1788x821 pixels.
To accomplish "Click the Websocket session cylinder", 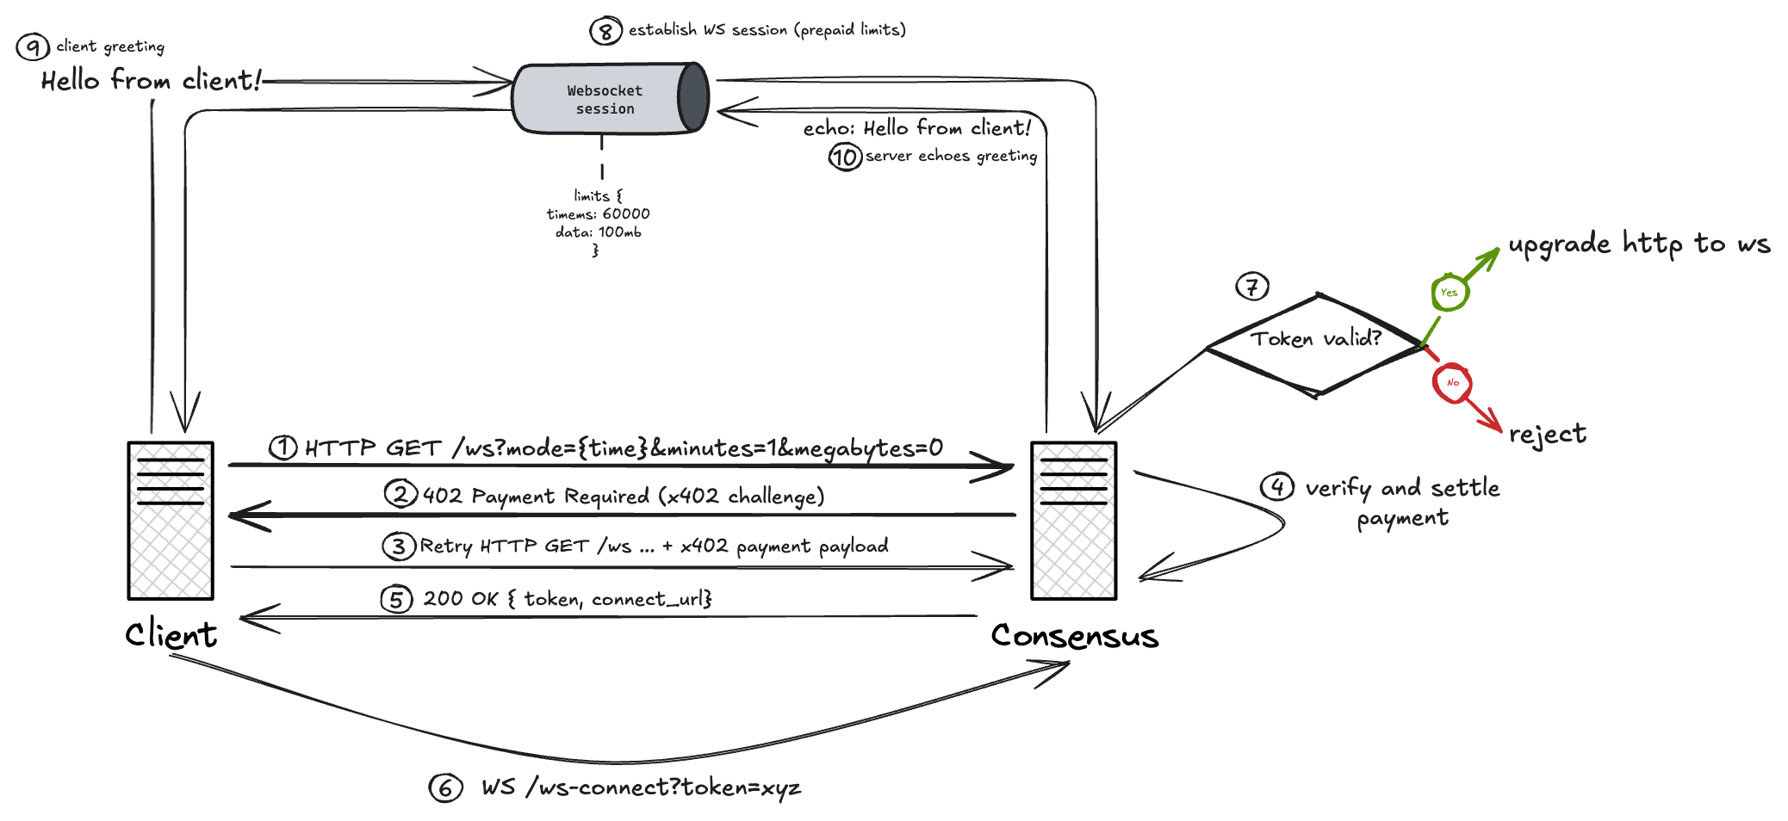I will [610, 99].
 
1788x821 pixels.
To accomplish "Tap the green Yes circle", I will [1450, 293].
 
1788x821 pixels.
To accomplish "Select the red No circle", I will [1452, 383].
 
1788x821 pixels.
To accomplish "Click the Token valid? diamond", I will [1315, 344].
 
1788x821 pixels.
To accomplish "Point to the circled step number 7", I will [1252, 286].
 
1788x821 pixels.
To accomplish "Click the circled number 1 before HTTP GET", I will [283, 448].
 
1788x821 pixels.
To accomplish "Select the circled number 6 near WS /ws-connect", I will [445, 787].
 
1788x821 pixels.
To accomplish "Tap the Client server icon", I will [171, 521].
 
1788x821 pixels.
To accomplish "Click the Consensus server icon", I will [1074, 521].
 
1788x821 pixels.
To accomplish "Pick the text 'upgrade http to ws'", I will [1638, 244].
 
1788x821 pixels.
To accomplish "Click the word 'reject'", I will [1547, 434].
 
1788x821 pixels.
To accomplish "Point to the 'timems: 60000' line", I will [598, 213].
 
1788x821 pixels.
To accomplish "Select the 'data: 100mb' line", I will [598, 231].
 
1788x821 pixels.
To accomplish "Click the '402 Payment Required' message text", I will [622, 496].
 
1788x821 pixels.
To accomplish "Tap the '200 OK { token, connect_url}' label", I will [567, 598].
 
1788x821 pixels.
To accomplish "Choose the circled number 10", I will [845, 157].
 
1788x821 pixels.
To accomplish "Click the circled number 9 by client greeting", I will [33, 46].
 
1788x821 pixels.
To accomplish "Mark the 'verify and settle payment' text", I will [1402, 502].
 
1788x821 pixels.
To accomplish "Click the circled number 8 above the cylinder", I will [605, 31].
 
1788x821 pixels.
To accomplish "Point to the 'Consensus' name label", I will [1074, 635].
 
